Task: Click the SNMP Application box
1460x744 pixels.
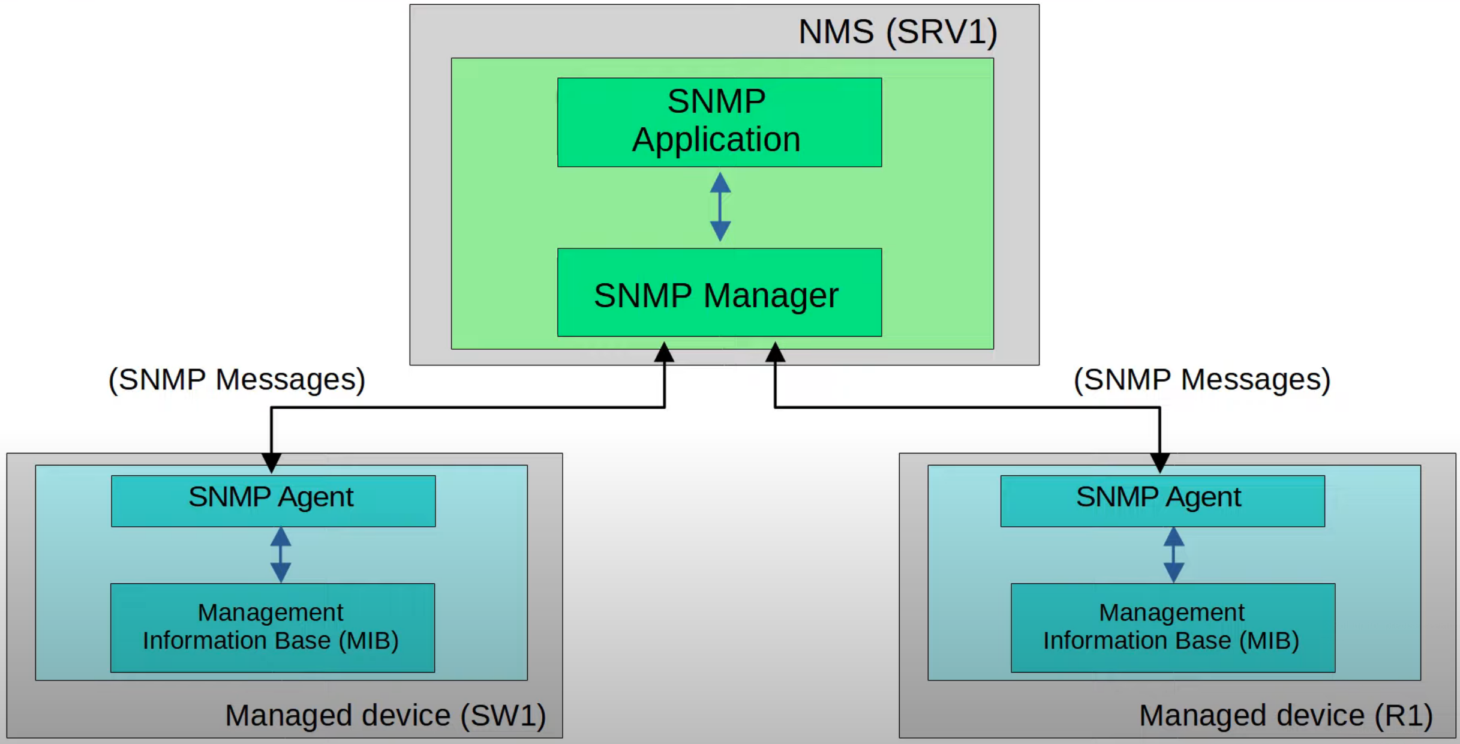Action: pos(719,122)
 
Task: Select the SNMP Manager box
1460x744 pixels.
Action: pos(719,293)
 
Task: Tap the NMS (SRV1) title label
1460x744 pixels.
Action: pos(897,32)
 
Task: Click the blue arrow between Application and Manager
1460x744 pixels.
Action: pos(720,207)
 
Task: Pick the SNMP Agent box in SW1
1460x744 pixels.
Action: pos(273,501)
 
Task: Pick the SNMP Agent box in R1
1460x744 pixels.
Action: pos(1162,501)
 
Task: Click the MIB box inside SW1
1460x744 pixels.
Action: pos(272,628)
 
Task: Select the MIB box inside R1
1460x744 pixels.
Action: pos(1173,628)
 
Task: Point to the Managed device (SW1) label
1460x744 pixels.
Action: pos(385,715)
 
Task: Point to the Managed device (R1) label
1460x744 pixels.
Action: pos(1285,715)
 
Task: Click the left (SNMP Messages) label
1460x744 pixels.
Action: pos(236,380)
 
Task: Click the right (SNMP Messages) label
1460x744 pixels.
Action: pos(1201,380)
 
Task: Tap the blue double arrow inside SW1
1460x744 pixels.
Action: pos(281,555)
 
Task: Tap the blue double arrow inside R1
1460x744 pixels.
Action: pos(1174,555)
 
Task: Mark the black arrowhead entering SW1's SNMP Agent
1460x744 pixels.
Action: pos(271,463)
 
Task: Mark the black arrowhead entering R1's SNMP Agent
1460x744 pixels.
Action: pos(1159,463)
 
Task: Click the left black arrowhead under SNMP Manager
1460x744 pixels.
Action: pos(664,353)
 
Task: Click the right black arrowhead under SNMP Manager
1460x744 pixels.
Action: pos(775,353)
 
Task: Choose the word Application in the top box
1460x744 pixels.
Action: pos(716,140)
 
